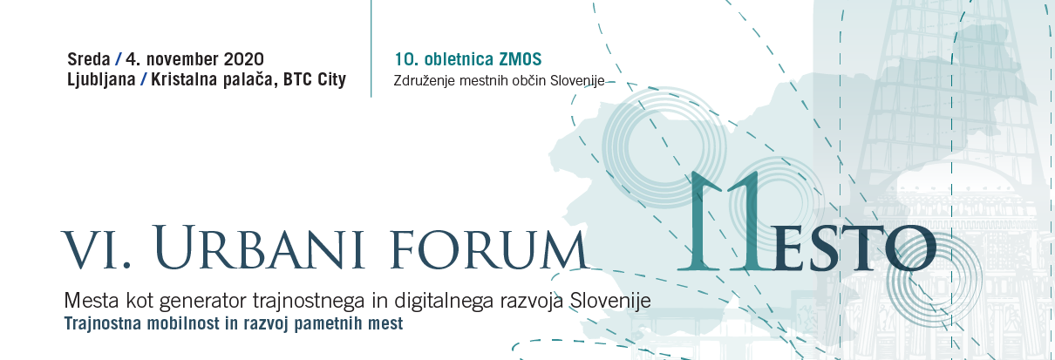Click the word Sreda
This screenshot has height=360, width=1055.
tap(89, 59)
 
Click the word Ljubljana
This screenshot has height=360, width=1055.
tap(101, 79)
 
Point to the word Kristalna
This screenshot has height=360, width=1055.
tap(184, 79)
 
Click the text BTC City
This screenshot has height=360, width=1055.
tap(315, 79)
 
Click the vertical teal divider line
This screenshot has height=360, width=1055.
tap(371, 49)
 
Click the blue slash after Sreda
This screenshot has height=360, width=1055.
tap(118, 59)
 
